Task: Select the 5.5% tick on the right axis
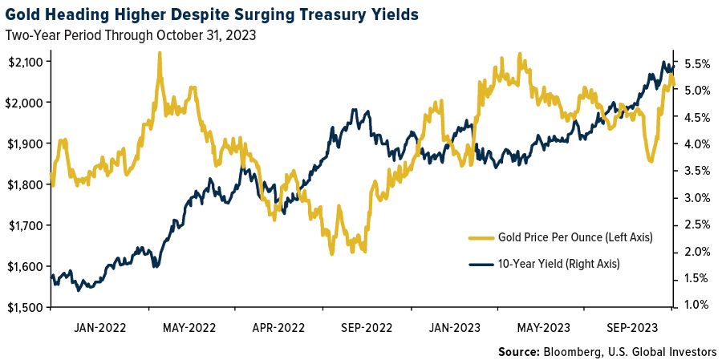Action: [x=697, y=63]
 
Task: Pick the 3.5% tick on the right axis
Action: [x=697, y=171]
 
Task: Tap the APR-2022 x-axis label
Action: [x=278, y=328]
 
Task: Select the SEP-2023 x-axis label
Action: [x=633, y=328]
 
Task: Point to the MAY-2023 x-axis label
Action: [x=544, y=328]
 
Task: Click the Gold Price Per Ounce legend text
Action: [x=575, y=237]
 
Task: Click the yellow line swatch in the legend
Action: [x=479, y=237]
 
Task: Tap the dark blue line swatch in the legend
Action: [x=479, y=263]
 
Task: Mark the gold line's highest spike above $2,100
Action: [x=159, y=53]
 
